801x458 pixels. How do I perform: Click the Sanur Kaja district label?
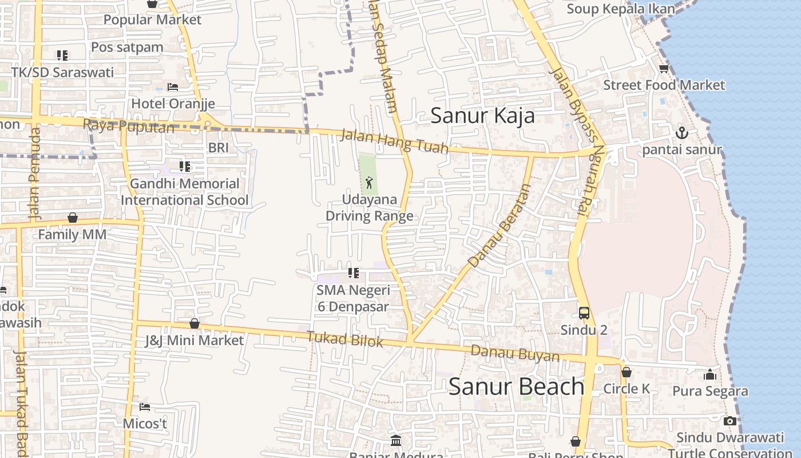click(x=482, y=116)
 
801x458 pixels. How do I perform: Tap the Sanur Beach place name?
click(x=516, y=386)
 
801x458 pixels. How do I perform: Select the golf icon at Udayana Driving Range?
click(x=369, y=183)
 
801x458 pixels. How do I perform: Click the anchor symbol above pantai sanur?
click(x=682, y=133)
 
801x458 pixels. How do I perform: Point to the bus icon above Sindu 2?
click(x=584, y=313)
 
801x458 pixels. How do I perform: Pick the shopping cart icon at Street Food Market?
click(x=664, y=69)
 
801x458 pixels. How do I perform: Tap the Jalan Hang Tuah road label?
click(x=394, y=141)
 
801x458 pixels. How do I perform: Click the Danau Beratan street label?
click(x=499, y=225)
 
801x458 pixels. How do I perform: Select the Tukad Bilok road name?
click(x=344, y=339)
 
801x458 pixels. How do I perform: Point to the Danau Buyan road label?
click(x=515, y=353)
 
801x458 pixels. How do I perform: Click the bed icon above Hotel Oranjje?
click(x=173, y=87)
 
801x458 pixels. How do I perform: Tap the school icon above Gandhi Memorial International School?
click(x=184, y=167)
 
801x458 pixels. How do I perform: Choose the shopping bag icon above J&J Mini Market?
click(x=195, y=323)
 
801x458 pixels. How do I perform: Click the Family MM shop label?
click(x=72, y=234)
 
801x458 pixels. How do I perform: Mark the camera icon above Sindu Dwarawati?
click(x=729, y=421)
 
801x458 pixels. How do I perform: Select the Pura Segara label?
click(x=710, y=391)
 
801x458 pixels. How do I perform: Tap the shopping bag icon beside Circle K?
click(x=626, y=372)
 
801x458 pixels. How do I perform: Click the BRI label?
click(x=219, y=148)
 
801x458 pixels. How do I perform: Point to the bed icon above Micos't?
click(x=145, y=407)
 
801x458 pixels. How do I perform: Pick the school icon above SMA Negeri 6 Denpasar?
click(x=354, y=273)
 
